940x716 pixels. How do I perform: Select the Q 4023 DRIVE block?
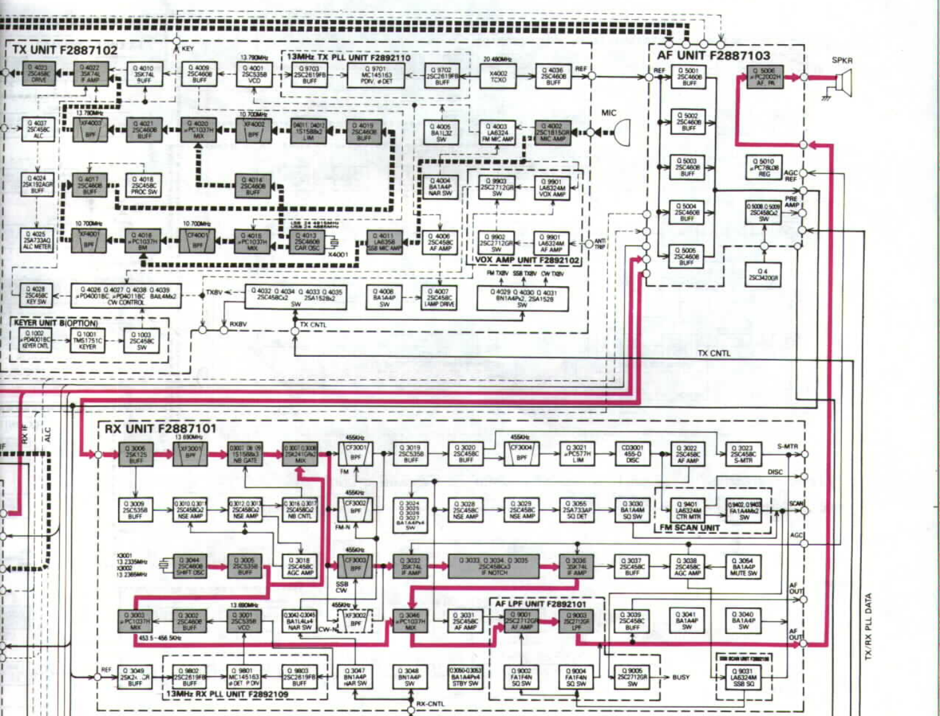(x=39, y=73)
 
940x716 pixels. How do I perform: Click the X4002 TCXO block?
(x=498, y=76)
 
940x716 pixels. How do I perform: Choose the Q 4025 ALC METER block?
(x=37, y=241)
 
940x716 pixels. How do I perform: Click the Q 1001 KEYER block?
(x=88, y=341)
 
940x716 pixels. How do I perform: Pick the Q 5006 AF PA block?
(x=764, y=76)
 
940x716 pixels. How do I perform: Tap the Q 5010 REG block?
(x=764, y=168)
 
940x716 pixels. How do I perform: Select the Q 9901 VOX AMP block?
(x=552, y=188)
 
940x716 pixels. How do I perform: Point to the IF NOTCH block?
(x=495, y=566)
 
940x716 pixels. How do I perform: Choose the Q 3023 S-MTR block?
(x=744, y=454)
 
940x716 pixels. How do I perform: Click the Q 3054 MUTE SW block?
(x=744, y=567)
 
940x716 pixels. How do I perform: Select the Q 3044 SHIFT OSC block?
(x=189, y=566)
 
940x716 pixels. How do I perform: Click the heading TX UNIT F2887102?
(x=65, y=50)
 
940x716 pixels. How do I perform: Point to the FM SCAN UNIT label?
(x=689, y=528)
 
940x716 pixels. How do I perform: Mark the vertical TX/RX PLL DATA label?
(x=869, y=626)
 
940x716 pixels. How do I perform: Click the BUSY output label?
(x=681, y=677)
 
